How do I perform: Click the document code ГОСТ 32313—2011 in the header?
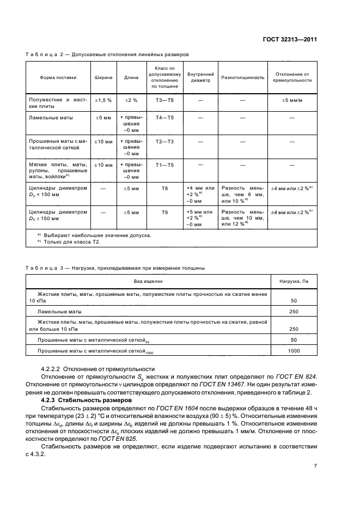tap(290, 40)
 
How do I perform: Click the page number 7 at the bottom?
tap(315, 466)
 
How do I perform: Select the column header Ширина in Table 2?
tap(103, 77)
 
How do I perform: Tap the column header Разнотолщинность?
tap(242, 77)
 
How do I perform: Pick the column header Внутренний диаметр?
tap(200, 77)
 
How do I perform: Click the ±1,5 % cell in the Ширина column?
tap(103, 101)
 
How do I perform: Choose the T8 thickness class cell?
tap(165, 188)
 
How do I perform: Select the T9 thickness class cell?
tap(165, 212)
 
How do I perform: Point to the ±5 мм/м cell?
tap(292, 101)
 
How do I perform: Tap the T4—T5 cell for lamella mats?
tap(165, 118)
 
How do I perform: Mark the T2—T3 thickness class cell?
tap(165, 142)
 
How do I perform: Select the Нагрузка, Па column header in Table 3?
tap(294, 282)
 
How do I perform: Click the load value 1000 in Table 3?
tap(294, 352)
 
